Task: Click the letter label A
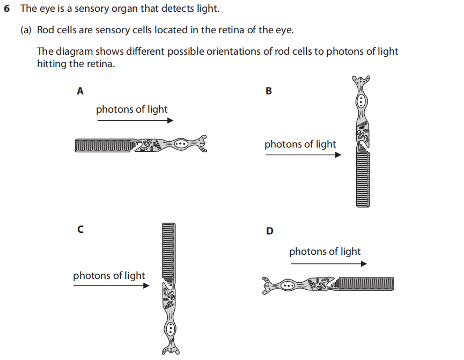pos(80,91)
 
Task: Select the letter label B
pos(269,91)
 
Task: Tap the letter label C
pos(80,230)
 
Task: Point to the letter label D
pos(269,231)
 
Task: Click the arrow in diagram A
pos(135,121)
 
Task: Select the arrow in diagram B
pos(303,155)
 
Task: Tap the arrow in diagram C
pos(111,286)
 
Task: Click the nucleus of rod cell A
pos(181,144)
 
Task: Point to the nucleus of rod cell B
pos(362,100)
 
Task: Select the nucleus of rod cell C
pos(171,327)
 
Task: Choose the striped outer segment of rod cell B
pos(363,179)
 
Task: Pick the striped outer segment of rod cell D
pos(366,284)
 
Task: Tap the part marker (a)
pos(26,30)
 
